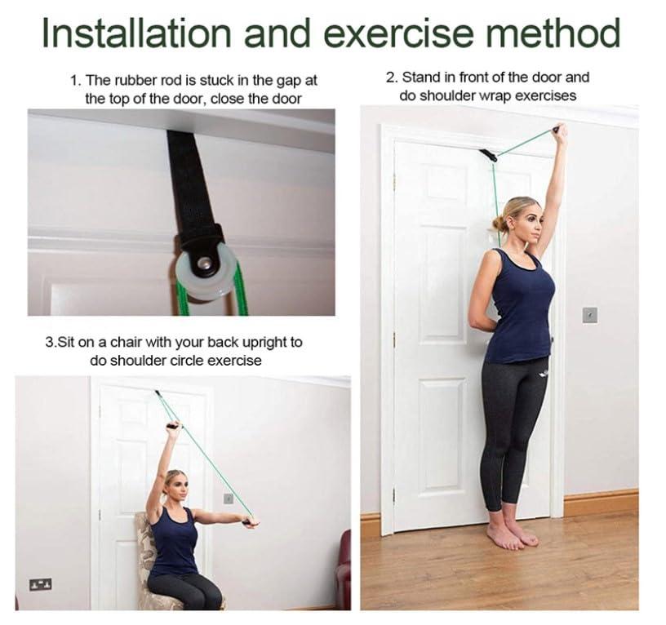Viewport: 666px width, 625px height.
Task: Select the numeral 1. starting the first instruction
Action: click(x=75, y=81)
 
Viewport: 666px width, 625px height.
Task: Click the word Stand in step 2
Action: click(x=421, y=78)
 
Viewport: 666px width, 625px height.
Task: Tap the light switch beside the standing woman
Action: click(x=589, y=314)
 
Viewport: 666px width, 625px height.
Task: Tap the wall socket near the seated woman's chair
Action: click(x=40, y=583)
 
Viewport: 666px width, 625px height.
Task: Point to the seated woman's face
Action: click(x=175, y=486)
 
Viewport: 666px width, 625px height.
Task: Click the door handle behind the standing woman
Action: click(x=556, y=336)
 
